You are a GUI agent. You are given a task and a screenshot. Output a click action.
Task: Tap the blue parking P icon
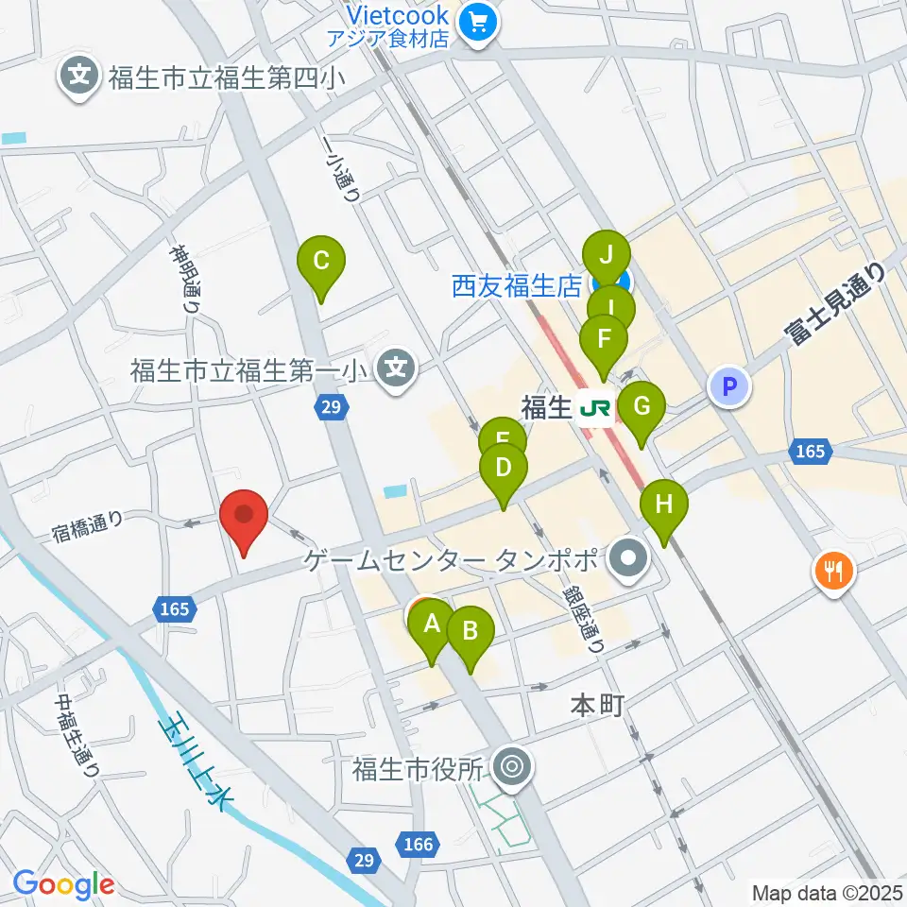[x=727, y=385]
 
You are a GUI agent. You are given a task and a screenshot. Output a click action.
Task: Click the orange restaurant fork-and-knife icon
[x=833, y=571]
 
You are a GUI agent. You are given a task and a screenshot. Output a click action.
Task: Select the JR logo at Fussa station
[x=595, y=408]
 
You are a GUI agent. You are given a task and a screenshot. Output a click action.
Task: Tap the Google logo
[x=63, y=883]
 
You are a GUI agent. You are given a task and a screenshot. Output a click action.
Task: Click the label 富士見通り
[x=835, y=304]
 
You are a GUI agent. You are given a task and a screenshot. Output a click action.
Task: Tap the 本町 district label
[x=598, y=704]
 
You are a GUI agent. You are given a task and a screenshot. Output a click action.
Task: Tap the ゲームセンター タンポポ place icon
[x=626, y=560]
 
